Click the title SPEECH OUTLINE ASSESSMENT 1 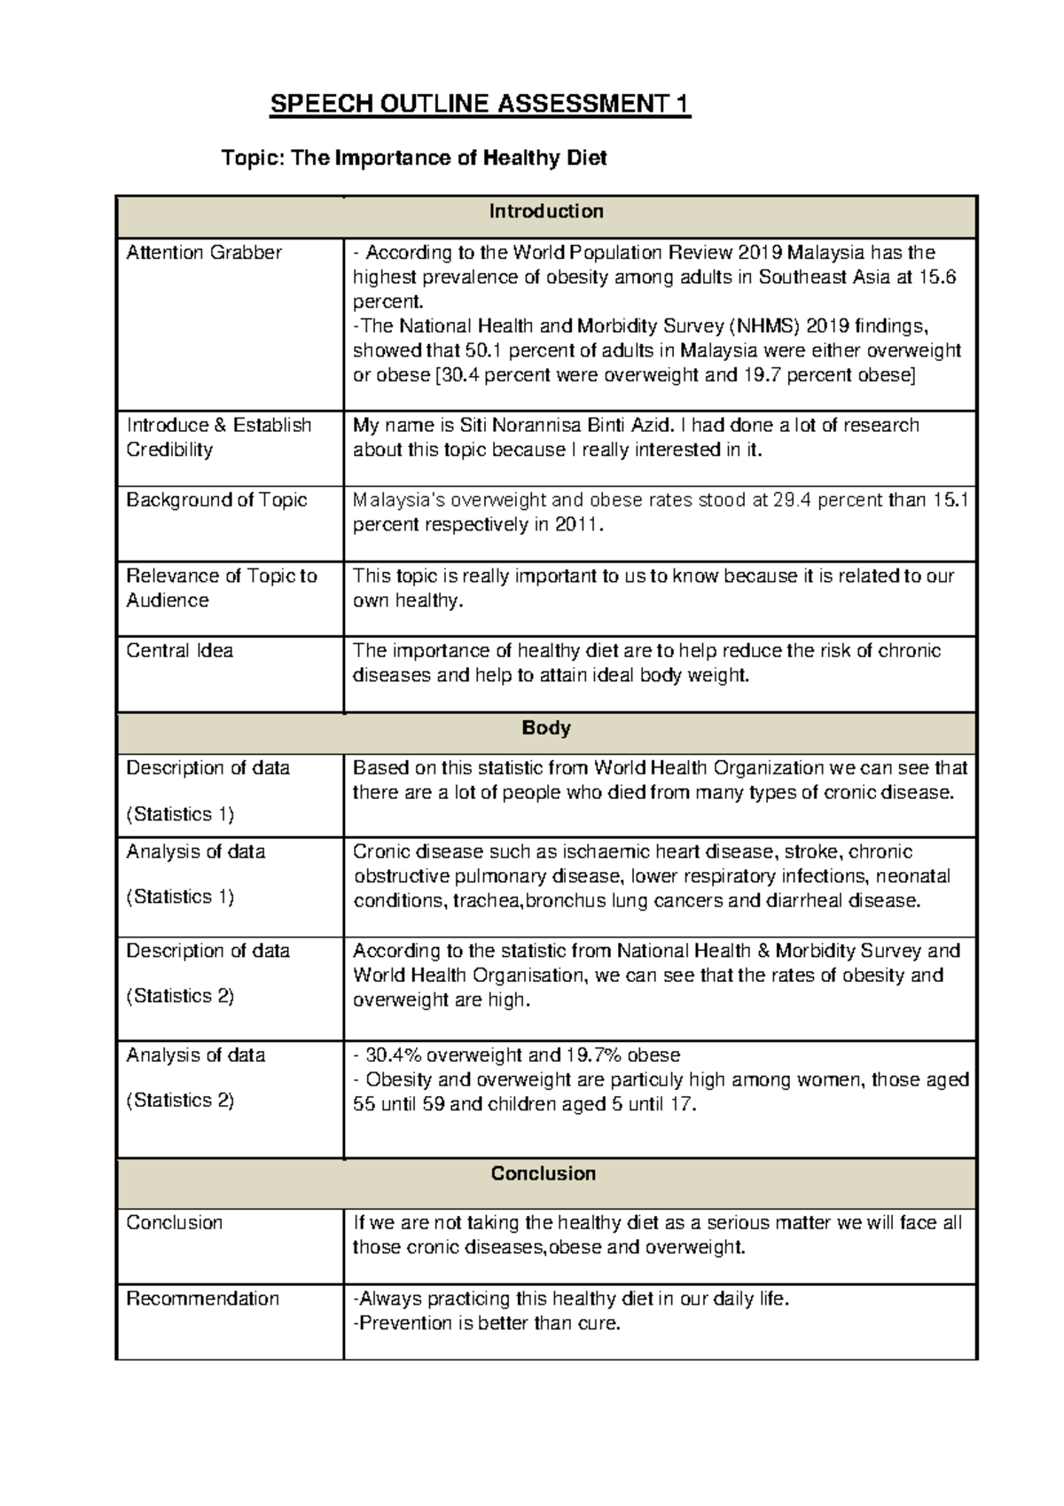[480, 105]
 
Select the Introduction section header [546, 211]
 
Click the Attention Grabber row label [203, 253]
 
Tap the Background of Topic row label [215, 500]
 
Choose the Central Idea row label [179, 651]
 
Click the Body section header [546, 728]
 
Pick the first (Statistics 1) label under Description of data [180, 813]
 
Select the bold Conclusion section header [544, 1174]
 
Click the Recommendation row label [202, 1299]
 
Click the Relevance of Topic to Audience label [221, 588]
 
